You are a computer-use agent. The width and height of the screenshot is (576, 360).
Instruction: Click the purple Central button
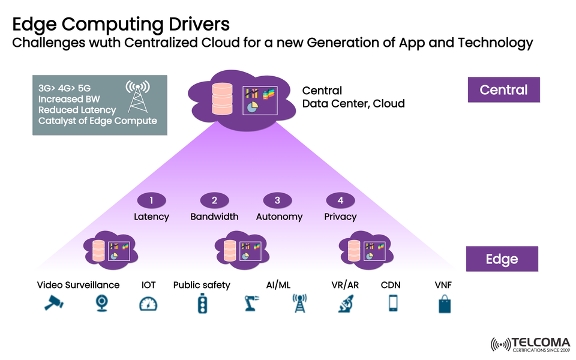[x=503, y=90]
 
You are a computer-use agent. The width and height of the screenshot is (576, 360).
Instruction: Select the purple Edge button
[x=502, y=259]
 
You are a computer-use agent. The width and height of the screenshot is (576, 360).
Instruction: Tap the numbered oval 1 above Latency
[x=151, y=200]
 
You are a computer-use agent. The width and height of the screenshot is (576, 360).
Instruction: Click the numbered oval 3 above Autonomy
[x=277, y=200]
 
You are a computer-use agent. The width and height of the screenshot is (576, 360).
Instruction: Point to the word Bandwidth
[x=214, y=217]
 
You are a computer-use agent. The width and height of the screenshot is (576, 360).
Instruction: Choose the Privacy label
[x=340, y=217]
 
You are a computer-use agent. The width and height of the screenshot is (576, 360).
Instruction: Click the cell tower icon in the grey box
[x=137, y=97]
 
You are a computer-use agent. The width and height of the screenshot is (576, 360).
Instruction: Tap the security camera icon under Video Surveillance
[x=53, y=304]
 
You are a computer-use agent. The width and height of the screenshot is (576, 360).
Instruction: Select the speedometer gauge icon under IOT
[x=148, y=304]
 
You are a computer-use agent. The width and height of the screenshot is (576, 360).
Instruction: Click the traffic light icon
[x=202, y=304]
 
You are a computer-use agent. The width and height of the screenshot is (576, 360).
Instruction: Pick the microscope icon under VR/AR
[x=345, y=304]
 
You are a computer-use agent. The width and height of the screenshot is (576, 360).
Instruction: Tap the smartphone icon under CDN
[x=392, y=304]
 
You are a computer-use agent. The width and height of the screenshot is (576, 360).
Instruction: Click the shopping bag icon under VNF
[x=444, y=304]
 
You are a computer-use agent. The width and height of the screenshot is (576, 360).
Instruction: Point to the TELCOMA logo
[x=530, y=344]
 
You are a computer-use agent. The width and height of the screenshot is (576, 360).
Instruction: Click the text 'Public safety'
[x=202, y=285]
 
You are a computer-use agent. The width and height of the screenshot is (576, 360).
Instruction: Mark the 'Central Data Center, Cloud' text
[x=353, y=97]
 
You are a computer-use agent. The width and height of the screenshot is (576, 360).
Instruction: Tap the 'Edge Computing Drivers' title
[x=121, y=24]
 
